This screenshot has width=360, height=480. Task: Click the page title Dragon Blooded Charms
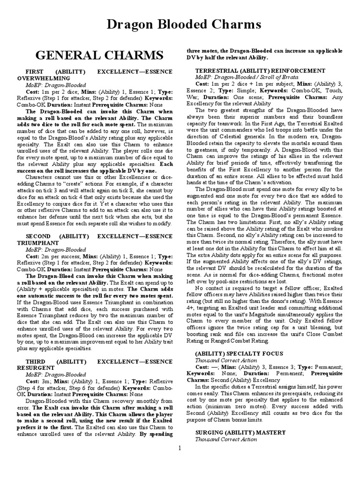180,25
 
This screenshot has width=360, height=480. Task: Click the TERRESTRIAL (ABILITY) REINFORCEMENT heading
260,70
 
